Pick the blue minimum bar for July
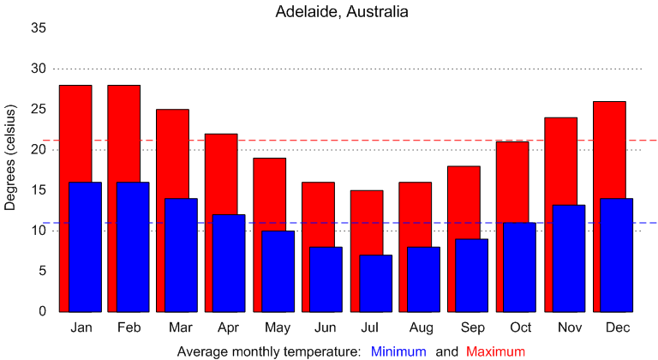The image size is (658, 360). (x=376, y=283)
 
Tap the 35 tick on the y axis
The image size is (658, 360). (x=39, y=28)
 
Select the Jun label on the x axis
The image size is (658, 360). (x=324, y=328)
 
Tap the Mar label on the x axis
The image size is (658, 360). (x=179, y=328)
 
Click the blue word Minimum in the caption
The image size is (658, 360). (x=398, y=351)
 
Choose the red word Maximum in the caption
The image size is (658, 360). (x=495, y=351)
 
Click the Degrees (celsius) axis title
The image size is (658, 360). (x=11, y=159)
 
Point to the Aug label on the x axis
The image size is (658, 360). (x=422, y=328)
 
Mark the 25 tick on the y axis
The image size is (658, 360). (x=39, y=110)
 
